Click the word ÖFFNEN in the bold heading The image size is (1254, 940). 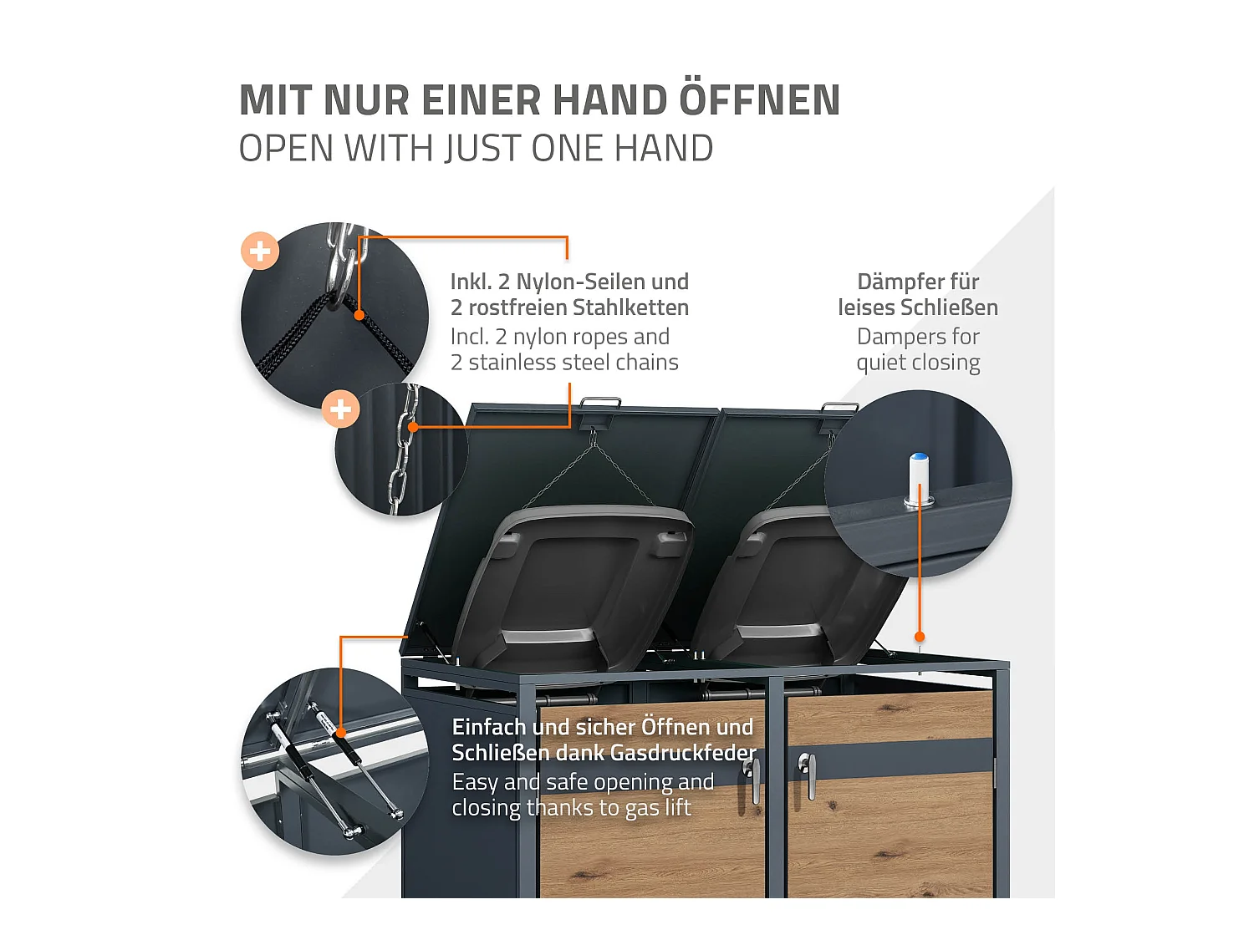[759, 100]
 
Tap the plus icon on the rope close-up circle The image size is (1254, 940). [260, 251]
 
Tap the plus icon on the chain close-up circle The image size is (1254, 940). [341, 409]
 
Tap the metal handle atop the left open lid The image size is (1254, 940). [600, 404]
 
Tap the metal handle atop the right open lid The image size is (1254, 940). [839, 409]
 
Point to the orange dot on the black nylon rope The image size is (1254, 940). [359, 315]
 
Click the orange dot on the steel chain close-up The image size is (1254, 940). [412, 427]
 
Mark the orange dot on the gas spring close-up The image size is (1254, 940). [340, 733]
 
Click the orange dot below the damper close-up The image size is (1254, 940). [920, 637]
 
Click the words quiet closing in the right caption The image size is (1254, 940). [918, 363]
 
